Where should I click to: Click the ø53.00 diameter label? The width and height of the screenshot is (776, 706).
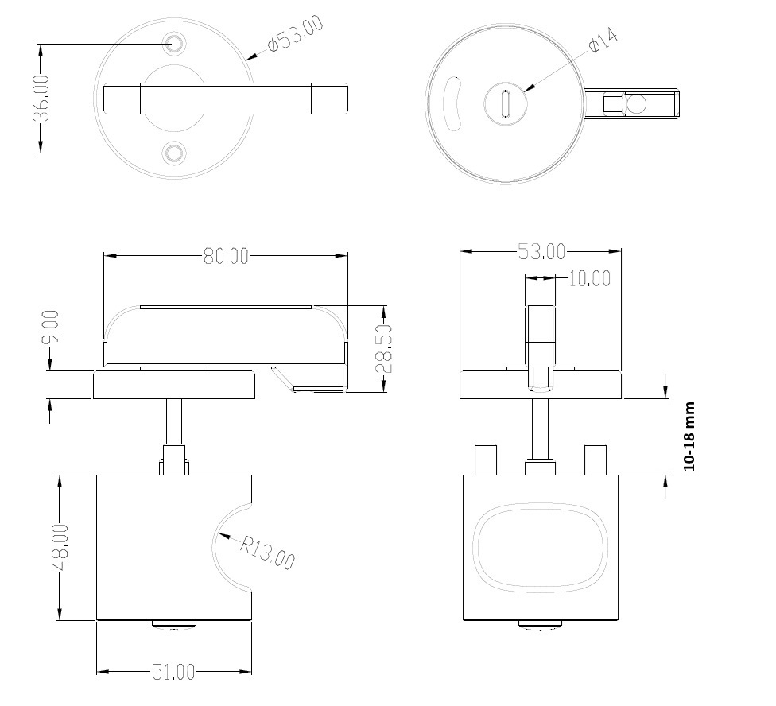pyautogui.click(x=296, y=34)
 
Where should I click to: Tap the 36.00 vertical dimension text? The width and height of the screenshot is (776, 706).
pyautogui.click(x=41, y=98)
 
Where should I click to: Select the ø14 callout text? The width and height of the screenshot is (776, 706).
pyautogui.click(x=603, y=41)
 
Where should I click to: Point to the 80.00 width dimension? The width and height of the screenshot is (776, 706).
pyautogui.click(x=226, y=256)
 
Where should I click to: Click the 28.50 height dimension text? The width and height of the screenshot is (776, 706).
pyautogui.click(x=384, y=349)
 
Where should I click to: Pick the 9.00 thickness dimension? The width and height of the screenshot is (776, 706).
pyautogui.click(x=50, y=327)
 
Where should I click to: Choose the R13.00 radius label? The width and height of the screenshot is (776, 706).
pyautogui.click(x=267, y=552)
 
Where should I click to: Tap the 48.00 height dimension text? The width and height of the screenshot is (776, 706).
pyautogui.click(x=62, y=547)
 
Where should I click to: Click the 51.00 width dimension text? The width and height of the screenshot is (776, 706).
pyautogui.click(x=173, y=673)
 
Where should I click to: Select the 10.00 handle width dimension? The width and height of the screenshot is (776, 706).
pyautogui.click(x=589, y=278)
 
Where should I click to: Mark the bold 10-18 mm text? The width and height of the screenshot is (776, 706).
pyautogui.click(x=689, y=436)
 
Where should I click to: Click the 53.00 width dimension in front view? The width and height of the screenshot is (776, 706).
pyautogui.click(x=541, y=252)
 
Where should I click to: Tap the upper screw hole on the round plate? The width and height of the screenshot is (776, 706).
pyautogui.click(x=174, y=43)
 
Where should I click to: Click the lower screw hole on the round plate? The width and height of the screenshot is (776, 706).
pyautogui.click(x=174, y=153)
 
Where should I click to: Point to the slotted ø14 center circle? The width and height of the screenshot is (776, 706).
pyautogui.click(x=506, y=104)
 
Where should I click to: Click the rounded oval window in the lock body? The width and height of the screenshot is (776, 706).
pyautogui.click(x=541, y=546)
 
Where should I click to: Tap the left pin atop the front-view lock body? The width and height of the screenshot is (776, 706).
pyautogui.click(x=486, y=460)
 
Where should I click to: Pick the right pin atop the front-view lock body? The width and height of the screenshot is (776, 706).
pyautogui.click(x=596, y=460)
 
